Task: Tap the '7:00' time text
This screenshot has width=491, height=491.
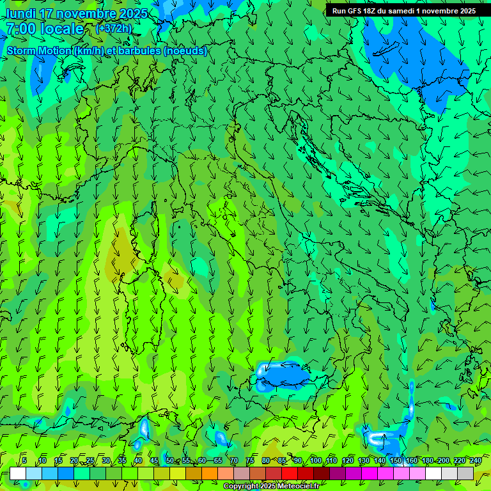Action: click(21, 29)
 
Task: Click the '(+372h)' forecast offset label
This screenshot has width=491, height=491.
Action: click(114, 28)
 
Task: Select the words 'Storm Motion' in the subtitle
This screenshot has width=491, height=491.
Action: click(39, 51)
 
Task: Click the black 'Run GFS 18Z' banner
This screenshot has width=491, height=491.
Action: click(403, 11)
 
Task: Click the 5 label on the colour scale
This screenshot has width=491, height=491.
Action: click(24, 460)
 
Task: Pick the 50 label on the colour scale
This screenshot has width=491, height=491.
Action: click(169, 460)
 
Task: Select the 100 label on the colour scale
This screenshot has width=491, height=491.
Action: click(315, 460)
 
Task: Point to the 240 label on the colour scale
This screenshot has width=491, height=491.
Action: click(476, 460)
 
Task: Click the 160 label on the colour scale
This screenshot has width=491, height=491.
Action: click(412, 460)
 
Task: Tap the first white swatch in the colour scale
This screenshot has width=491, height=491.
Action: click(18, 473)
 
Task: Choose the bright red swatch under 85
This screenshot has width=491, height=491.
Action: click(290, 473)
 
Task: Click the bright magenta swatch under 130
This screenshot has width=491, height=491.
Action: click(370, 473)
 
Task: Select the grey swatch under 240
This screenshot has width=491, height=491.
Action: click(465, 473)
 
